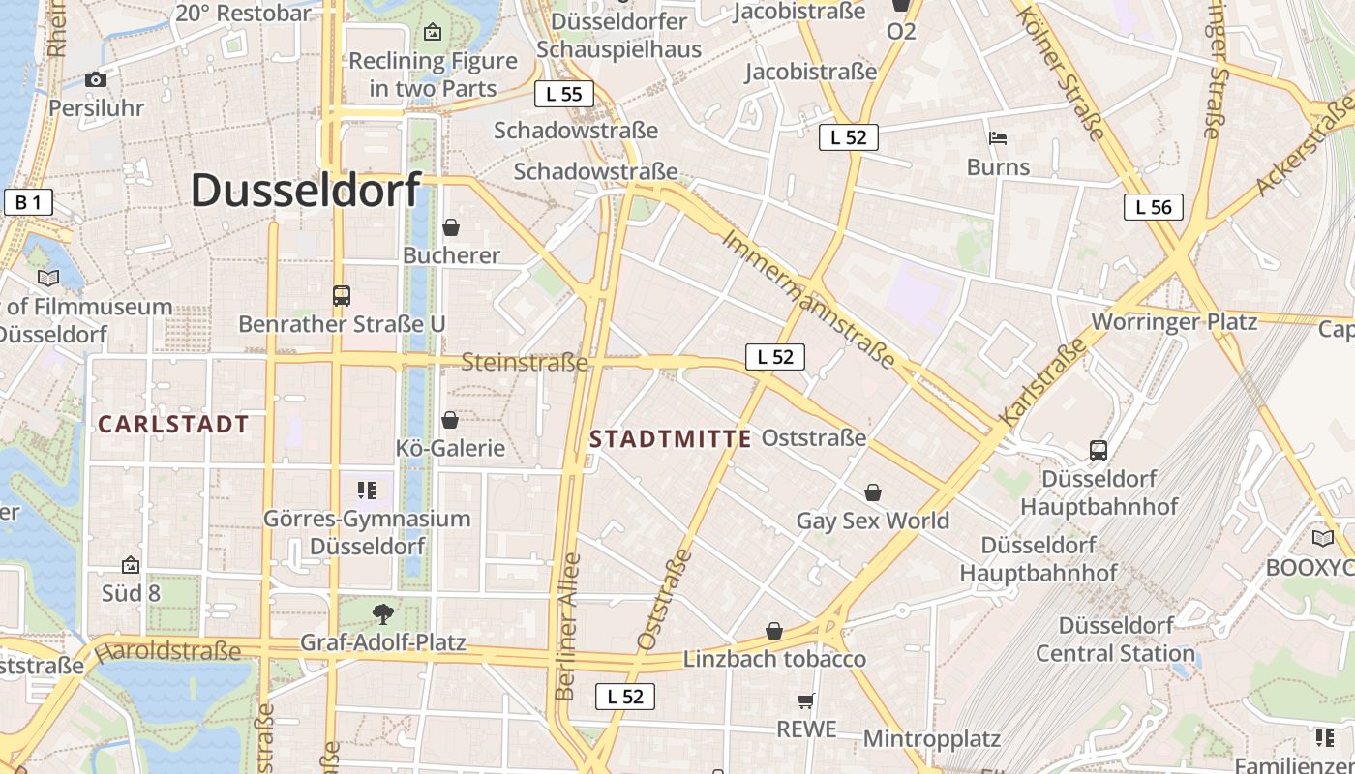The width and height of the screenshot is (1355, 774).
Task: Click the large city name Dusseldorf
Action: point(306,190)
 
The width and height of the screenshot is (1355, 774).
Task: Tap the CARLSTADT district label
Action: point(173,424)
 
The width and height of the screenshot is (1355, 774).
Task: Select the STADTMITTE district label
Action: point(670,439)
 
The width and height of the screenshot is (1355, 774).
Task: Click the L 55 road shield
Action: point(563,94)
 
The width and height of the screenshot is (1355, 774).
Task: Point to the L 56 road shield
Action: point(1154,206)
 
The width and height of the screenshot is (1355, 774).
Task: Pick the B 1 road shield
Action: point(28,202)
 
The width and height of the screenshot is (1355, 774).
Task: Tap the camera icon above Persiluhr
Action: point(96,80)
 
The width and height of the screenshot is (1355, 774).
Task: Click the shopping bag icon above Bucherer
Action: point(450,227)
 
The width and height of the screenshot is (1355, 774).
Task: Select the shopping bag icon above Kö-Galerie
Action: point(450,420)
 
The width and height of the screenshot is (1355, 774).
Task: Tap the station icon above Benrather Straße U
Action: point(342,296)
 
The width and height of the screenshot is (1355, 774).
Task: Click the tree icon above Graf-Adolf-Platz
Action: point(383,612)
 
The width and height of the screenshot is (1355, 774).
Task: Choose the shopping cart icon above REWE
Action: point(806,700)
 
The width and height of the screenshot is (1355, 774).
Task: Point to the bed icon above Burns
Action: point(998,138)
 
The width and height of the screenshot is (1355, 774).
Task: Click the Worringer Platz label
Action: point(1174,321)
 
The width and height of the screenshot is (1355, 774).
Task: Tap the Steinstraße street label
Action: point(525,363)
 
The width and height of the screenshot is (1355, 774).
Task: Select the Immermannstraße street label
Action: point(808,298)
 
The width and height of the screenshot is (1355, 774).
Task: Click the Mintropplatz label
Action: point(931,739)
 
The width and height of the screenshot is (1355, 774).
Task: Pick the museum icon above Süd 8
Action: point(131,565)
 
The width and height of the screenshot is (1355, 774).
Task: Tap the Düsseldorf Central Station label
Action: point(1115,639)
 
